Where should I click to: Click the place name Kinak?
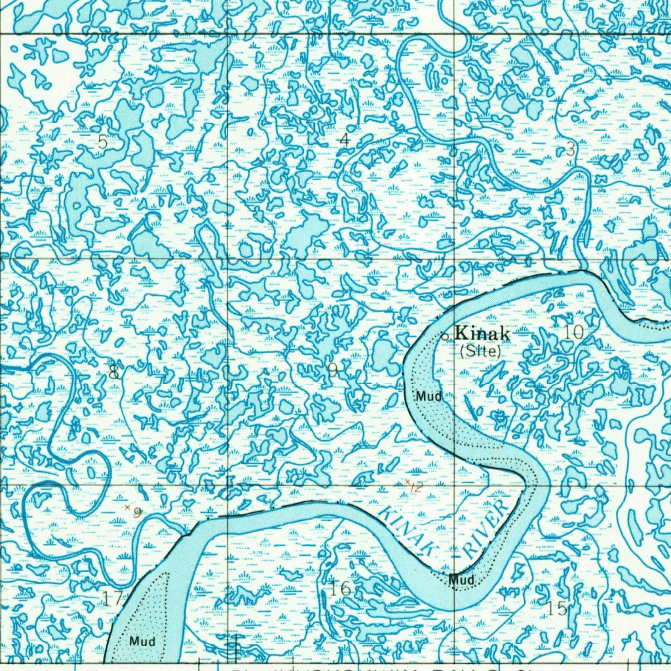click(x=482, y=333)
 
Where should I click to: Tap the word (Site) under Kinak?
click(x=480, y=351)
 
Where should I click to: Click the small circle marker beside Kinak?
click(x=445, y=336)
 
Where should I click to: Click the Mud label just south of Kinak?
click(x=429, y=396)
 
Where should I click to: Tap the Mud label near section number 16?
click(x=461, y=580)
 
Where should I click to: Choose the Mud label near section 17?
click(x=142, y=641)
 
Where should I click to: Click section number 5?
click(x=102, y=142)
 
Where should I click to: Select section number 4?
click(x=345, y=139)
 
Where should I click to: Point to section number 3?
click(x=570, y=149)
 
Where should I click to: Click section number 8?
click(x=114, y=373)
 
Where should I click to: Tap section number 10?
click(x=573, y=332)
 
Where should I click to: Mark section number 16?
click(x=341, y=588)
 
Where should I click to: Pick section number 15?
click(x=558, y=608)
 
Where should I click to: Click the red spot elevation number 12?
click(x=417, y=486)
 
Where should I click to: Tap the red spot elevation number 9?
click(x=137, y=512)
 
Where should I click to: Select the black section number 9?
click(x=333, y=372)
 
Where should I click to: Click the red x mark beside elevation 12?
click(x=408, y=482)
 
